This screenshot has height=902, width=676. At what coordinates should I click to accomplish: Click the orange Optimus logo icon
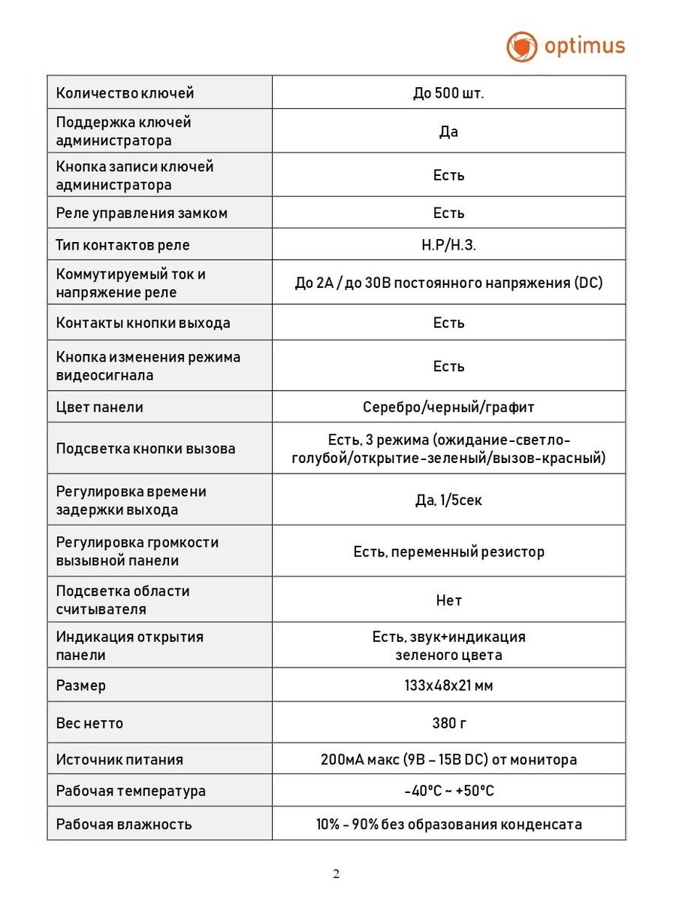point(522,47)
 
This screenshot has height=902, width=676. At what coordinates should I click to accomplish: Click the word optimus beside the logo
point(584,46)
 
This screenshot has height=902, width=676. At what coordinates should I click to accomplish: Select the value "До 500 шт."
point(448,93)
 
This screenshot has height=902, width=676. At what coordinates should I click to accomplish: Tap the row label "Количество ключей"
point(125,93)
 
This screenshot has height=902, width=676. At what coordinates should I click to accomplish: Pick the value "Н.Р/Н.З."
point(448,245)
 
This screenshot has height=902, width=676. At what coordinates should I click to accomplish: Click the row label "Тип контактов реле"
point(123,245)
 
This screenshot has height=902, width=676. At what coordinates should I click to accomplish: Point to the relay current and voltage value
point(448,283)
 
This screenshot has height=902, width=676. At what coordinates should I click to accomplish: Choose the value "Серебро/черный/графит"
point(448,407)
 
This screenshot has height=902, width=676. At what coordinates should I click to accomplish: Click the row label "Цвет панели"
point(100,407)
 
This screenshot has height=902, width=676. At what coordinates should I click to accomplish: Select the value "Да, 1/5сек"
point(448,500)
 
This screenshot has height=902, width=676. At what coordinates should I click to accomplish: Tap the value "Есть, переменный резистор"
point(448,552)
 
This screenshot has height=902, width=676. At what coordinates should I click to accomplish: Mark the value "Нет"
point(448,601)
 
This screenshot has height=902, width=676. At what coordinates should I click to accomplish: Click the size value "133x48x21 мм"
point(448,686)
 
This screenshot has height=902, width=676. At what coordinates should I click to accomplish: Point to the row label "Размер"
point(81,686)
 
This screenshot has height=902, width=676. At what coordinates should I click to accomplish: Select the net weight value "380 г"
point(448,723)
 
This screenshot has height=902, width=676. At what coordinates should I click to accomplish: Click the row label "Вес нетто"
point(89,723)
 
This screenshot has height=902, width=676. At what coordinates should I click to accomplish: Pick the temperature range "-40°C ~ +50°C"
point(448,791)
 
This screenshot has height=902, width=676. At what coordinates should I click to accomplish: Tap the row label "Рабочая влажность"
point(124,824)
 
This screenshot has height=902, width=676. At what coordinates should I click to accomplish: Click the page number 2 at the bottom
point(336,873)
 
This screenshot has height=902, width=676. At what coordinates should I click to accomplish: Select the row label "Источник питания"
point(119,759)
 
